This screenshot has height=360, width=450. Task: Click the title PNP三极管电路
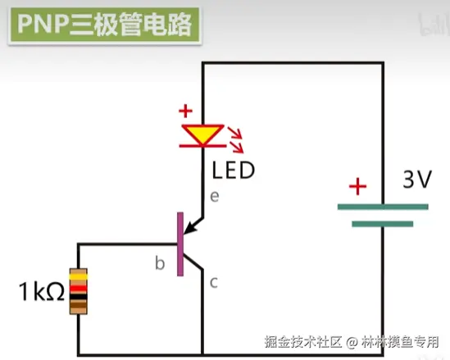(104, 25)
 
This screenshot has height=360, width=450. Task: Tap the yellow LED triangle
(203, 134)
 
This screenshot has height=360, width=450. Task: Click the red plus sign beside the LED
(186, 111)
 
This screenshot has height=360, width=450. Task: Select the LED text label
(233, 171)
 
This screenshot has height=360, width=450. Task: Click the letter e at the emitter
(215, 196)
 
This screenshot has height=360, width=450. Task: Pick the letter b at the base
(160, 263)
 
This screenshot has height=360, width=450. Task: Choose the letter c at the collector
(214, 282)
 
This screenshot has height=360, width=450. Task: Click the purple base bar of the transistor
(180, 244)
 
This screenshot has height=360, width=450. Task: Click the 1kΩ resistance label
(42, 291)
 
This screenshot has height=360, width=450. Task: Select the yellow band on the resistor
(79, 276)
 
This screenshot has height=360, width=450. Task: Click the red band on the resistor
(79, 288)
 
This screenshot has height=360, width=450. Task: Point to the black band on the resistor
(79, 297)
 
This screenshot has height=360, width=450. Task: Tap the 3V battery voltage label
(417, 180)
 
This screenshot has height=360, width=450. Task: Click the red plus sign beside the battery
(357, 186)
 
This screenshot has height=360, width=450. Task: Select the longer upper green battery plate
(383, 207)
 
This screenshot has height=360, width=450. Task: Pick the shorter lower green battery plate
(383, 224)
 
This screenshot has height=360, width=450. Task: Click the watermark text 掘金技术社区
(302, 342)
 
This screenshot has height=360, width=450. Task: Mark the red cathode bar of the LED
(203, 146)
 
